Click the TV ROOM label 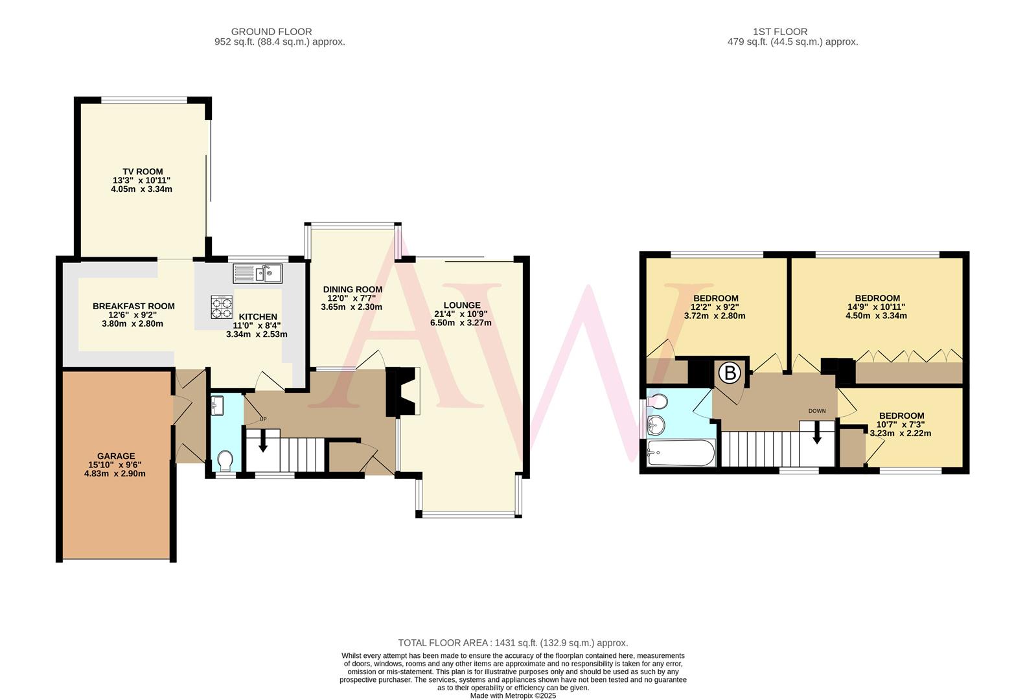click(143, 172)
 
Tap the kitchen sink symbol click(258, 274)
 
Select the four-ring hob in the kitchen click(222, 304)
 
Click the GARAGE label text click(116, 456)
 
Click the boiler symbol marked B click(730, 373)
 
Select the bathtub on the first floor click(681, 453)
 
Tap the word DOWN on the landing click(816, 411)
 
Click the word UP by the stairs click(262, 419)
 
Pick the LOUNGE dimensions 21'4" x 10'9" click(461, 314)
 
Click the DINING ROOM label click(352, 289)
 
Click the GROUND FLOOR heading click(271, 31)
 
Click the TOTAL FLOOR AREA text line click(512, 643)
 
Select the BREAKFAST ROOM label click(133, 306)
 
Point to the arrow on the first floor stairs click(817, 432)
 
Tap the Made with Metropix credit click(512, 695)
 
